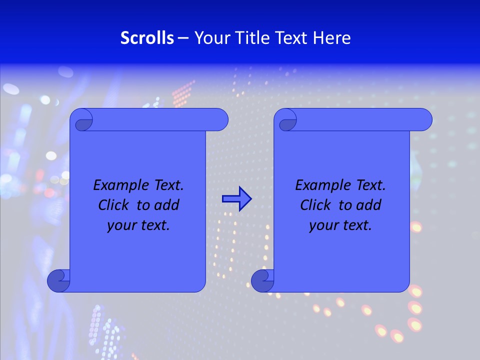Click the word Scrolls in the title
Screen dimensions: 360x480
click(x=147, y=38)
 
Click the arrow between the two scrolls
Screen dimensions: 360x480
click(x=236, y=198)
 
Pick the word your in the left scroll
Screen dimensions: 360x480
click(x=121, y=225)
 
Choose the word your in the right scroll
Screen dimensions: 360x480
click(x=323, y=225)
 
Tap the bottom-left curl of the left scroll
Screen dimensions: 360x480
click(x=58, y=280)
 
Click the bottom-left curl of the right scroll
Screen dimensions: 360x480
click(x=262, y=280)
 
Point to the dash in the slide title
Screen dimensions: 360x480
click(x=183, y=38)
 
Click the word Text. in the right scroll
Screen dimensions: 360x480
click(x=370, y=185)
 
